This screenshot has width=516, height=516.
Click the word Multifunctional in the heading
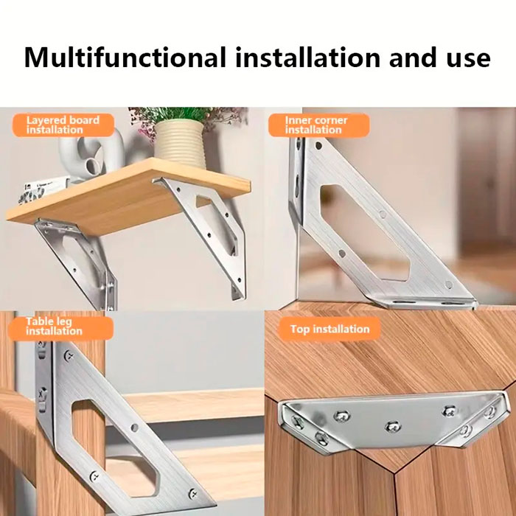(x=125, y=57)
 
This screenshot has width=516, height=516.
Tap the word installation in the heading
(x=307, y=57)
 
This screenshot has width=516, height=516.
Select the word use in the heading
(x=468, y=60)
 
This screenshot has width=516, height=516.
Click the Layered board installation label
(x=63, y=125)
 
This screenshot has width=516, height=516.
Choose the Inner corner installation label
(x=318, y=125)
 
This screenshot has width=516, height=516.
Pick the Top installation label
(x=330, y=329)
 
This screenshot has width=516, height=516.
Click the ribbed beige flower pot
(x=180, y=144)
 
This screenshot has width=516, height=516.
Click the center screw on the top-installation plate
(x=393, y=427)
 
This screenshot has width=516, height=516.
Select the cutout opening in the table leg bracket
(x=114, y=447)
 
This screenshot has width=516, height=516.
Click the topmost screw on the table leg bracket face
(x=69, y=355)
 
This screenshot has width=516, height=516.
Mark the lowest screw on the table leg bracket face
(x=193, y=494)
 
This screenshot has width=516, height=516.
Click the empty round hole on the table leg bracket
(x=134, y=428)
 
